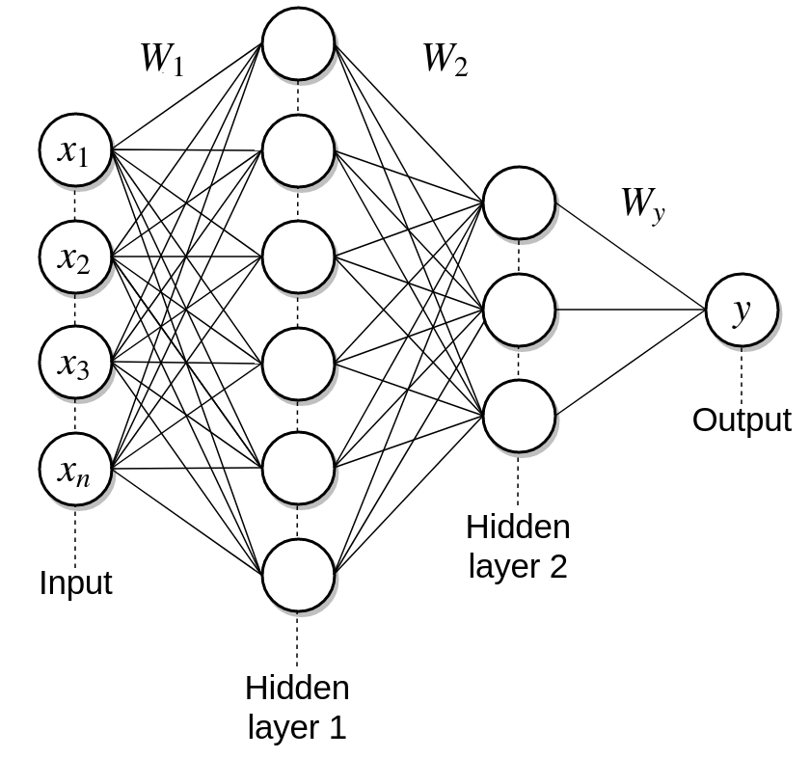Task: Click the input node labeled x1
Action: point(75,149)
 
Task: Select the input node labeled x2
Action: point(75,257)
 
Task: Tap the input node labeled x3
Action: point(75,363)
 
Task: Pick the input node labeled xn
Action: point(75,470)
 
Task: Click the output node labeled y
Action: point(742,311)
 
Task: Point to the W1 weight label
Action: point(161,60)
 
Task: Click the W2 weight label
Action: point(445,60)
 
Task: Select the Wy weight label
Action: point(642,204)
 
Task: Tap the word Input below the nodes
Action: point(75,583)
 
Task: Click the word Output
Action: point(742,420)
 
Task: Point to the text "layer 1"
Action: point(297,726)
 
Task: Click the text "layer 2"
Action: point(518,566)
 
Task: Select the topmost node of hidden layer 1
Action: point(298,43)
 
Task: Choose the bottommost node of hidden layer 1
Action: point(298,576)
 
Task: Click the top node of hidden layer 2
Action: point(520,203)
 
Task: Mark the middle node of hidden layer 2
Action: point(520,310)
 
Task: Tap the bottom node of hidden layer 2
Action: point(520,417)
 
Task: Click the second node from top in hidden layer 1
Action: point(298,150)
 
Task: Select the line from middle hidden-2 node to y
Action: point(631,311)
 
